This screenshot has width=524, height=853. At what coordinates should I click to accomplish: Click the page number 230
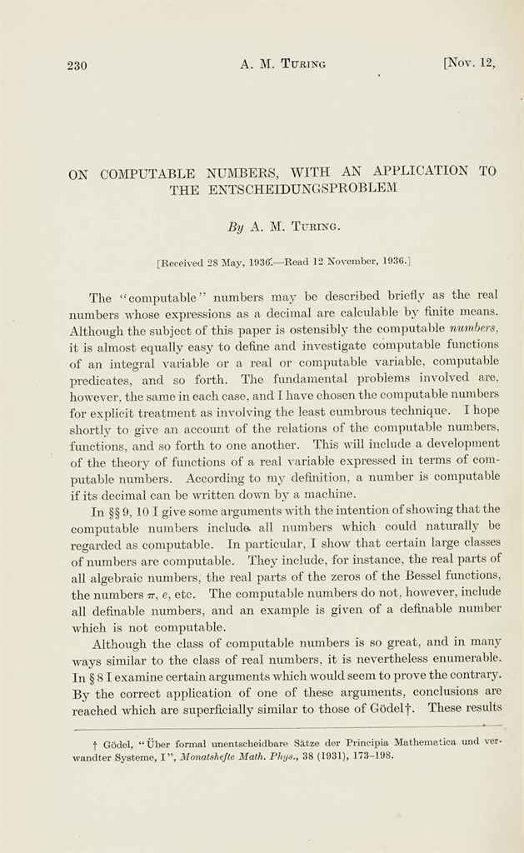click(77, 66)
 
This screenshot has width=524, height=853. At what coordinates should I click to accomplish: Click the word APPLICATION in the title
click(421, 172)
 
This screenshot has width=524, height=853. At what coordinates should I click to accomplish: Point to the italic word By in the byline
click(236, 226)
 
